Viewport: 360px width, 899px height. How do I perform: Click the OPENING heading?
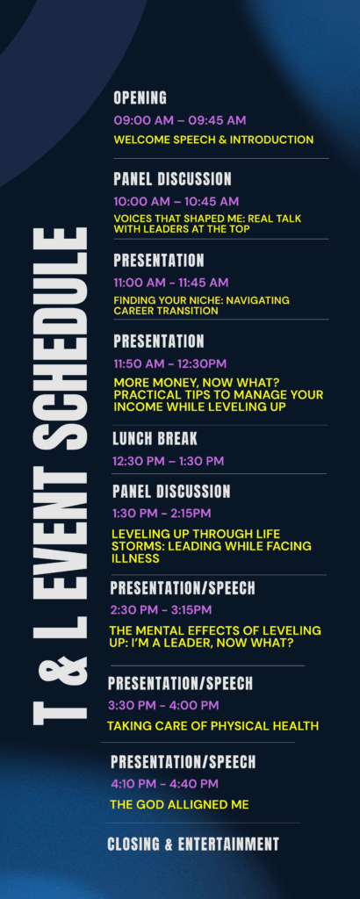point(140,98)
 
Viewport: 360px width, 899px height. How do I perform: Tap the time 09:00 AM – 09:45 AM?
point(179,120)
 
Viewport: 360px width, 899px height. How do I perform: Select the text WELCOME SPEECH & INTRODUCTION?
point(213,140)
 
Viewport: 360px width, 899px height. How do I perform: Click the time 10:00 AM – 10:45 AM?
point(176,202)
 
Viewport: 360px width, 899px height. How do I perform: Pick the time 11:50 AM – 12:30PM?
point(169,363)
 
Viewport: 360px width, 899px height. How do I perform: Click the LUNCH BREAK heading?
point(155,439)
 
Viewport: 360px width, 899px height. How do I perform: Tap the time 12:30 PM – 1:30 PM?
point(168,462)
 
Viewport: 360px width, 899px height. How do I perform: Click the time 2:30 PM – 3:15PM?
point(161,609)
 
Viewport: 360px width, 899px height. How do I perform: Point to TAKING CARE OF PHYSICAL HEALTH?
point(212,726)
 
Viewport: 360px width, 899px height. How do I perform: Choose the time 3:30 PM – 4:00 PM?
point(163,705)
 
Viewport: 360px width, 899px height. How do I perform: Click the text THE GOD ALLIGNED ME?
point(179,805)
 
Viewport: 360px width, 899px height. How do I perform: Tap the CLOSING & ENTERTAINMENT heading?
point(193,844)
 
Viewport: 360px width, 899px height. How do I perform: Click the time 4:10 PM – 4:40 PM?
point(164,784)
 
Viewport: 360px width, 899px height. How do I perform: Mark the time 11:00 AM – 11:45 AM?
point(171,283)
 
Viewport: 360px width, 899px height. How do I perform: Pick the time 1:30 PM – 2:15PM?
point(162,513)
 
